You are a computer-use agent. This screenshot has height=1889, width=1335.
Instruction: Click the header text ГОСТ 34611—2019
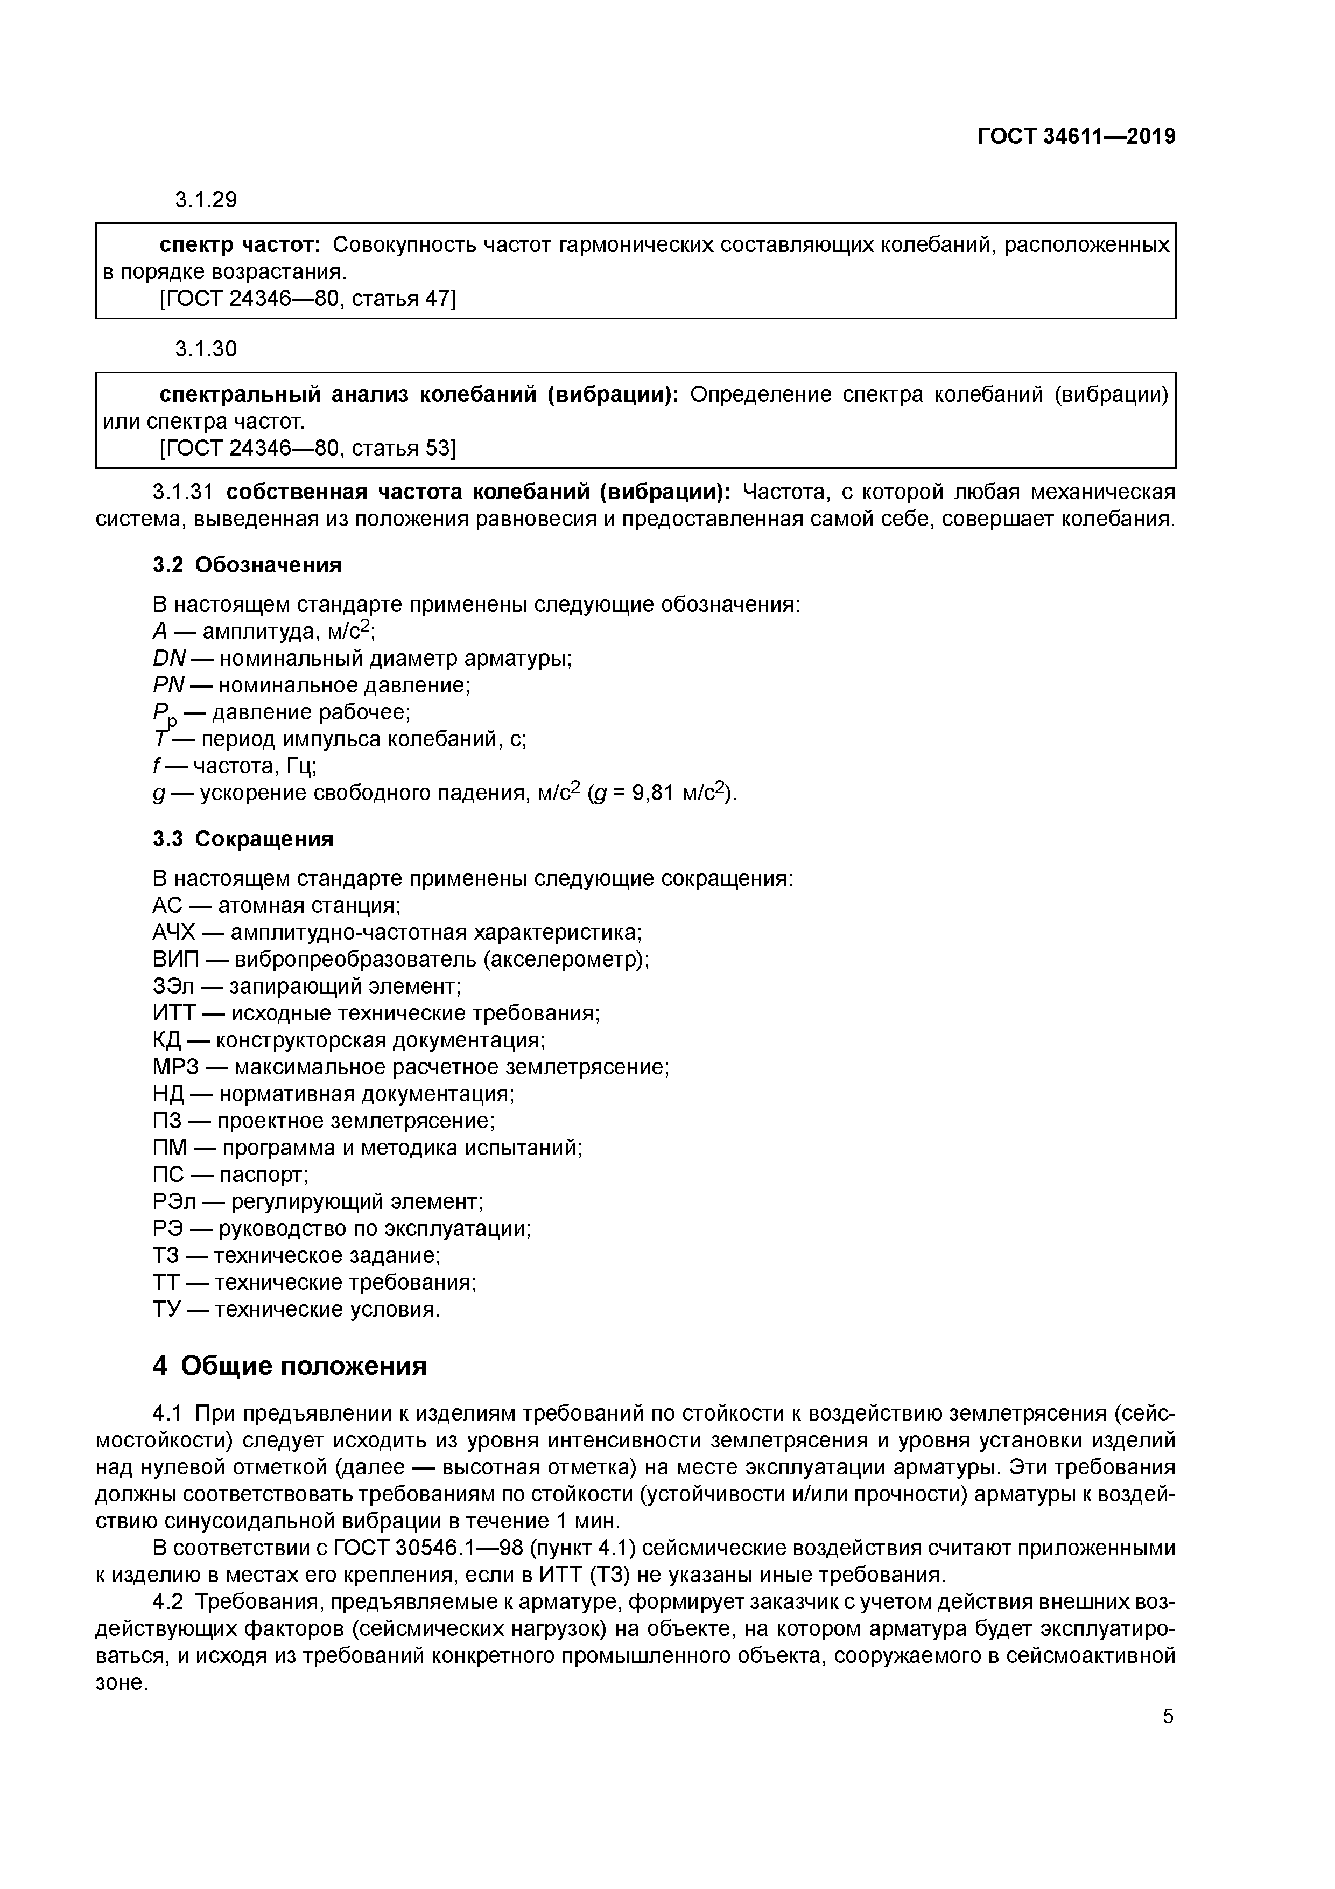coord(1077,137)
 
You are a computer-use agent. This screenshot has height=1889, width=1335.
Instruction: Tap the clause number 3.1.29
coord(206,200)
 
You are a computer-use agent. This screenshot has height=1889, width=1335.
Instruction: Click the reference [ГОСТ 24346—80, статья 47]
coord(307,299)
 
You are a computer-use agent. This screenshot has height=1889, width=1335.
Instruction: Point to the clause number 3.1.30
coord(206,349)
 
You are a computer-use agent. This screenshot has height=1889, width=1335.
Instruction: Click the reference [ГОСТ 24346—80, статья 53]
coord(307,447)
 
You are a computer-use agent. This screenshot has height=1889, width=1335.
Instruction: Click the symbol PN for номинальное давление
coord(168,685)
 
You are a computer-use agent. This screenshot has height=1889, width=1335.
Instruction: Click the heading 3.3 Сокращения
coord(243,838)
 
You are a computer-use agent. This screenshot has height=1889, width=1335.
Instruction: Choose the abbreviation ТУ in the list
coord(167,1310)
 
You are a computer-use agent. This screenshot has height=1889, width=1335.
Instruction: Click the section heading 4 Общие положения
coord(290,1366)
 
